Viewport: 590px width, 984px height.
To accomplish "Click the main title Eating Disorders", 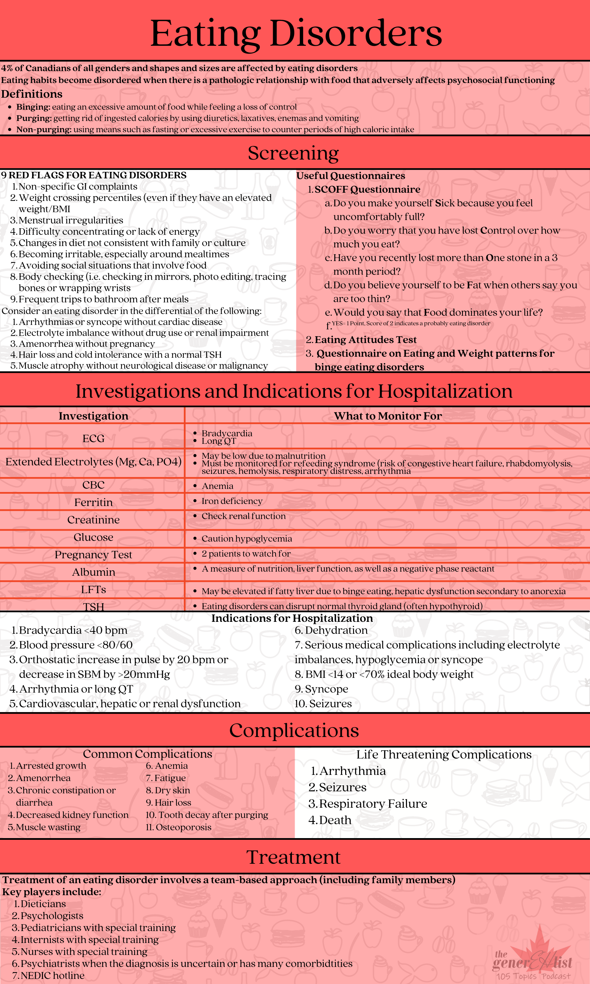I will [296, 33].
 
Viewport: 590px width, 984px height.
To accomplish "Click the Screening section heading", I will [293, 153].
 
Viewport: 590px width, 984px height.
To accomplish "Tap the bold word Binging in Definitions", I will [33, 107].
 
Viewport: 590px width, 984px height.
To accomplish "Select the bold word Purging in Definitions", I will [34, 118].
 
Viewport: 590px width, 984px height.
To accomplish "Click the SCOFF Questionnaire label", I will [367, 189].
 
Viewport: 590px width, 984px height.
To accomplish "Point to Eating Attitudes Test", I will [365, 340].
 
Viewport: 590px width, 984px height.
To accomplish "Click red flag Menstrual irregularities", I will [71, 220].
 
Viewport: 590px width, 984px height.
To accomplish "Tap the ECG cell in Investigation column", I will [94, 438].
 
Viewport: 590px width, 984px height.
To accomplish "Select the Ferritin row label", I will [94, 502].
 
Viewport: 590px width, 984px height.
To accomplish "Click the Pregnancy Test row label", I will [94, 555].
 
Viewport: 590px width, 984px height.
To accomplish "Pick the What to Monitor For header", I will [388, 416].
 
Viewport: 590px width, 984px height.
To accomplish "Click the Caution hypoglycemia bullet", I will [247, 538].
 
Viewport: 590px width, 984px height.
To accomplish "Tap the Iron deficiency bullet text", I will [232, 501].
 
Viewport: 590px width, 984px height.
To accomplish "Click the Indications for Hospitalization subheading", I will [292, 618].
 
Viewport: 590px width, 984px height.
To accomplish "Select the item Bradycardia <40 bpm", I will [73, 630].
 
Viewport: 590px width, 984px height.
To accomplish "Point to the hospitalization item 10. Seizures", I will [323, 703].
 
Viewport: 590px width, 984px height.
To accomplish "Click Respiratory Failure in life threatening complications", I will [373, 804].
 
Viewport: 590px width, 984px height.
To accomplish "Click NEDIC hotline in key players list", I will [52, 976].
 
